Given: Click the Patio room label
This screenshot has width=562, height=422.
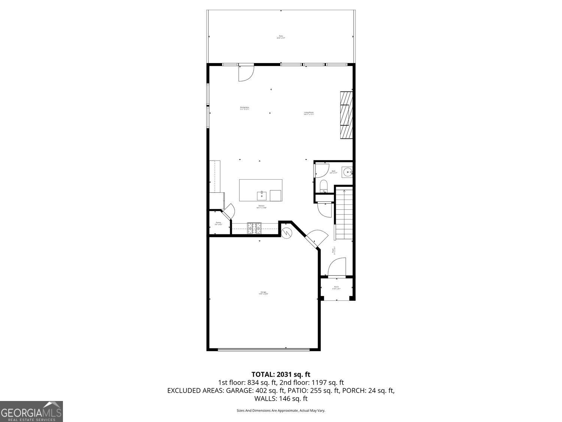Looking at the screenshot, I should [281, 37].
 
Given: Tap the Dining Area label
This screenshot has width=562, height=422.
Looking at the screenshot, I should [245, 108].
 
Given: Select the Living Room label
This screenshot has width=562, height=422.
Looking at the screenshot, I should [309, 113].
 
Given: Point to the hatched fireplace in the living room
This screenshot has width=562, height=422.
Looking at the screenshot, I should [346, 115].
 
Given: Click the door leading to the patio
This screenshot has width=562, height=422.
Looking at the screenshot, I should [246, 73].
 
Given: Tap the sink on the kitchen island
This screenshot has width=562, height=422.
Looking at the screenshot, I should [261, 195].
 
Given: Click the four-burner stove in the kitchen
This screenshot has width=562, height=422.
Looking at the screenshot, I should [254, 228].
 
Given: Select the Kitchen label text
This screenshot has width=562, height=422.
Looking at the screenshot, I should [261, 207].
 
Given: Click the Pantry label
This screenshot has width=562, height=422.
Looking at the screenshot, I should [218, 223].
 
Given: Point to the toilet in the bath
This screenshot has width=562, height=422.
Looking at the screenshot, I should [324, 186].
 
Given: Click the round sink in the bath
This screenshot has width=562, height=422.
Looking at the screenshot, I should [348, 173].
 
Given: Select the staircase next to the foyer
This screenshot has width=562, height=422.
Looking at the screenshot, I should [344, 214].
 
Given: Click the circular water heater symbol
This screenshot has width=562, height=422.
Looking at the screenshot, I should [286, 233].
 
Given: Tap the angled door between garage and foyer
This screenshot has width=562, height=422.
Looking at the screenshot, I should [313, 239].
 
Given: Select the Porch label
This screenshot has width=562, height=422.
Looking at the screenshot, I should [336, 288].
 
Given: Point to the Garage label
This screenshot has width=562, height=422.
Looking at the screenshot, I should [263, 293].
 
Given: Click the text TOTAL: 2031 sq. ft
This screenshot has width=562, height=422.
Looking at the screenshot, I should [281, 374].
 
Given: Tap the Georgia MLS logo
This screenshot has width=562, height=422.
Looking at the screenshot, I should [31, 411].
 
